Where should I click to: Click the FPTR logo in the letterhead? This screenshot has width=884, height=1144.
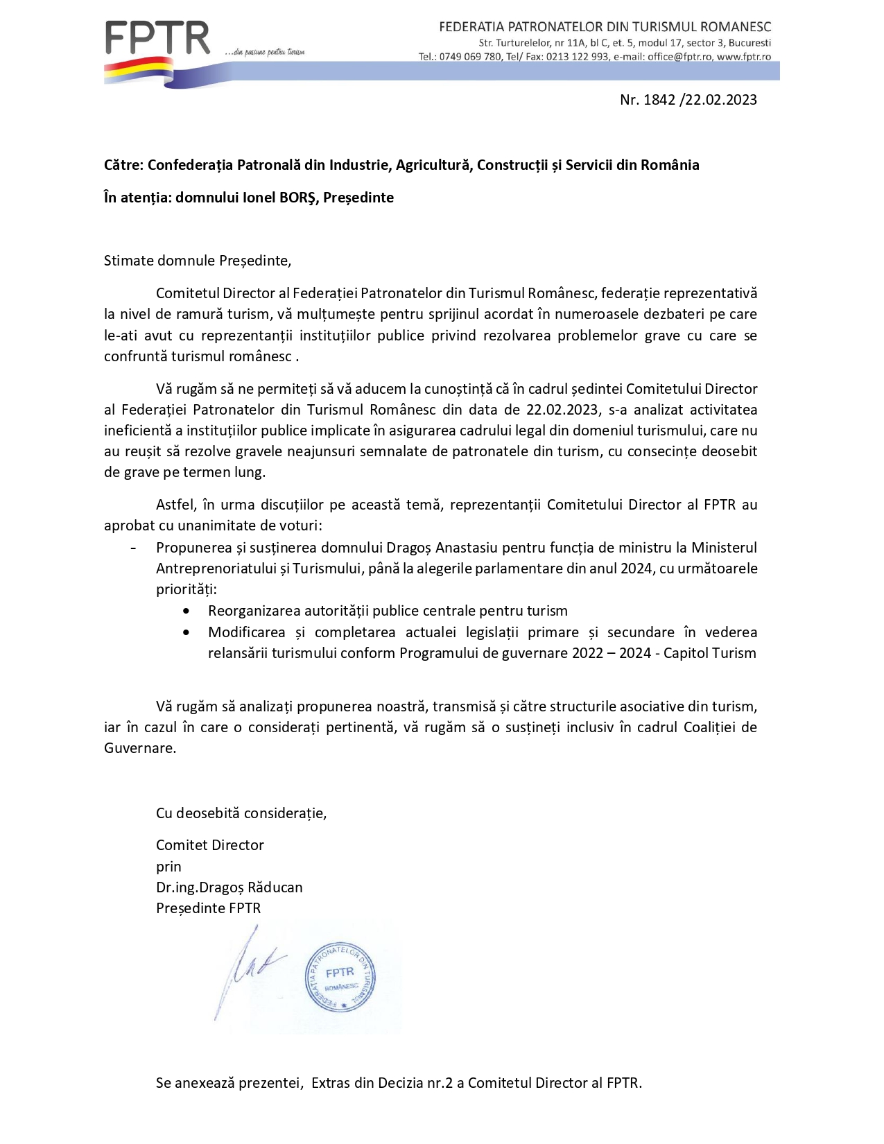click(x=157, y=39)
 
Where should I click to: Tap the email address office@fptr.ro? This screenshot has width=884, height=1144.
click(x=679, y=57)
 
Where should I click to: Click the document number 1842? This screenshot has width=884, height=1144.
click(x=659, y=100)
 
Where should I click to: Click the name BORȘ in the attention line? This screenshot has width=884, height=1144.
click(x=298, y=198)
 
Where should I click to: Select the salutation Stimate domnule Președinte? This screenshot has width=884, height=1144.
click(x=197, y=261)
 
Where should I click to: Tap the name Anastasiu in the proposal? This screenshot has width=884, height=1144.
click(x=467, y=548)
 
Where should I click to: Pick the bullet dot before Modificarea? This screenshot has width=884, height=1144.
click(x=186, y=632)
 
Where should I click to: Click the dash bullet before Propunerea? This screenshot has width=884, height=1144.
click(x=133, y=548)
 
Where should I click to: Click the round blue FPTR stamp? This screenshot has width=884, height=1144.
click(x=340, y=977)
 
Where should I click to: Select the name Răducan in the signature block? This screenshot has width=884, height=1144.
click(x=275, y=887)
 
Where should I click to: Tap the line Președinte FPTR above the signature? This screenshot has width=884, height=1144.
click(x=208, y=908)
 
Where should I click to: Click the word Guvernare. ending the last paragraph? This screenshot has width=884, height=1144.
click(x=140, y=748)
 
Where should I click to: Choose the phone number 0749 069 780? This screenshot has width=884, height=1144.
click(x=470, y=57)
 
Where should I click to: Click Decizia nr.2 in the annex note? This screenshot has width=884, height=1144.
click(x=415, y=1083)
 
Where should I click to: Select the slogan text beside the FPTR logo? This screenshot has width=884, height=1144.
click(x=265, y=52)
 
